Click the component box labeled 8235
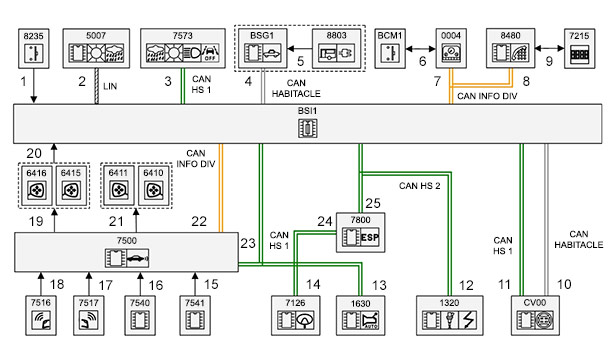[34, 48]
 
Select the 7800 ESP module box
[360, 233]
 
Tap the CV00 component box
[535, 316]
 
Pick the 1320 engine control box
[449, 316]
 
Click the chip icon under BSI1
[308, 128]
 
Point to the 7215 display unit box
[579, 48]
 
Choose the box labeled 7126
[296, 316]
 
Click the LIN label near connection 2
[110, 86]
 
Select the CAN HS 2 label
[419, 185]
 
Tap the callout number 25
[373, 203]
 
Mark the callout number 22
[199, 222]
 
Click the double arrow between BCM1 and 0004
[420, 49]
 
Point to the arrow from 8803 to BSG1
[300, 49]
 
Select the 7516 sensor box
[41, 316]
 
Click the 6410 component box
[153, 185]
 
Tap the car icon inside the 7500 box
[138, 258]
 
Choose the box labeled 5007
[96, 48]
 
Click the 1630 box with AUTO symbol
[360, 316]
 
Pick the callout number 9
[549, 61]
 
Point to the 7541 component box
[195, 316]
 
